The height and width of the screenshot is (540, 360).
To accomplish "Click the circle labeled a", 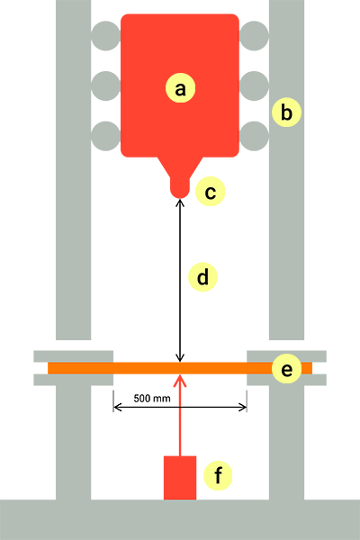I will tap(180, 88).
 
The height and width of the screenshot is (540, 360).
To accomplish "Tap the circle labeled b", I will tap(286, 112).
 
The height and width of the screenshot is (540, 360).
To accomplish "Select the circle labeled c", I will tap(210, 193).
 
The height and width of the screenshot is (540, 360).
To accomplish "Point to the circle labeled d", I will tap(202, 278).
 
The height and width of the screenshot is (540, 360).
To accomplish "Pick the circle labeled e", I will tap(286, 369).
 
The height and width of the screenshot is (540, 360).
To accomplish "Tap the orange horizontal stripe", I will tap(90, 368).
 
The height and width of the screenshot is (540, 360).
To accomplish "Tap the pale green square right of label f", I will tap(256, 480).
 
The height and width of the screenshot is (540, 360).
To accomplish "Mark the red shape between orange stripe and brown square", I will tap(211, 388).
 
